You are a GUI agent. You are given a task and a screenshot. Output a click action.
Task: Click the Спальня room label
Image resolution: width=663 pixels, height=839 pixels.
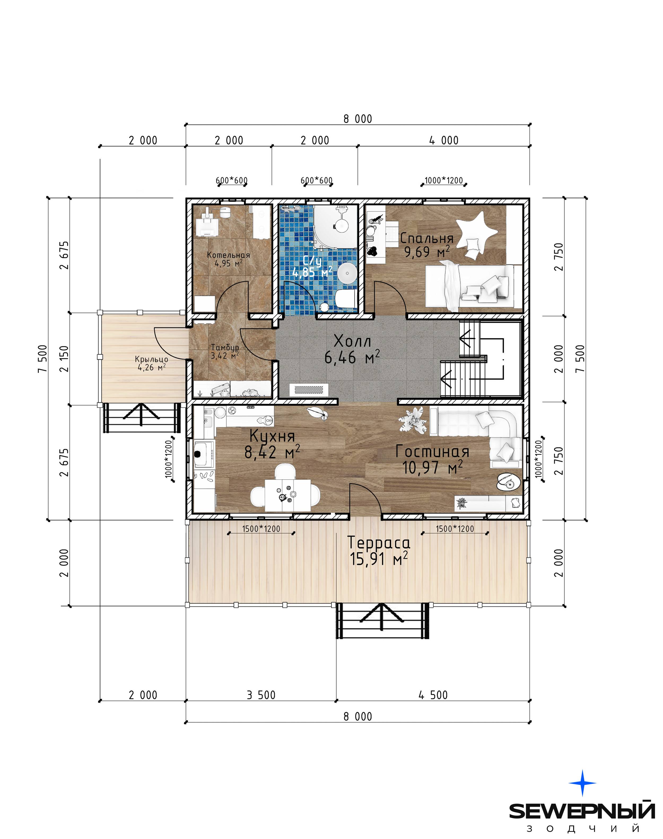[x=427, y=238]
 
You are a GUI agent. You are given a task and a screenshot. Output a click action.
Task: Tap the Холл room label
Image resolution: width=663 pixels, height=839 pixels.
[x=352, y=341]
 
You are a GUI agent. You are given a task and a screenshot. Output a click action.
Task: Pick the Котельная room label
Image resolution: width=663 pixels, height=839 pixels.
[x=228, y=255]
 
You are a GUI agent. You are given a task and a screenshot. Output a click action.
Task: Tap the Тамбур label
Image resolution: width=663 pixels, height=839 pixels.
[x=225, y=347]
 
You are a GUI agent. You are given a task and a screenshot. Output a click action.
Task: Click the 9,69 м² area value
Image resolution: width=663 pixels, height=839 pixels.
[x=427, y=252]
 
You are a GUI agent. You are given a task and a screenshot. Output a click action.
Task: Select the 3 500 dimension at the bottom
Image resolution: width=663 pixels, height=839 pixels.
[x=261, y=695]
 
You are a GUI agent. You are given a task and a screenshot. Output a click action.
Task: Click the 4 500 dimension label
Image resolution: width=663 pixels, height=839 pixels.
[x=433, y=695]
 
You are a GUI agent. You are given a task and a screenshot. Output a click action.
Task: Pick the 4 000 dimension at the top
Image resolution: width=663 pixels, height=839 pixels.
[x=444, y=140]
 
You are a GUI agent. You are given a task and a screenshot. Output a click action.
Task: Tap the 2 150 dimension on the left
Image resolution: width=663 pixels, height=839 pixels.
[x=64, y=359]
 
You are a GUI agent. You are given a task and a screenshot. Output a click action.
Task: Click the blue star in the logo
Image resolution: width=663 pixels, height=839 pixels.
[x=582, y=783]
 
